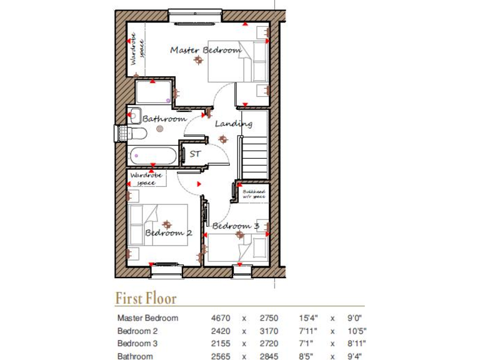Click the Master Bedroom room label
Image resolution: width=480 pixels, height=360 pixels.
coord(205,50)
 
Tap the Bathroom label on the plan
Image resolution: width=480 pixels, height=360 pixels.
coord(164,118)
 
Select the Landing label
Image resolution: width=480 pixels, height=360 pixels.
coord(234,124)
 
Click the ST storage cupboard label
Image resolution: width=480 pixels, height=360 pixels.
coord(196,152)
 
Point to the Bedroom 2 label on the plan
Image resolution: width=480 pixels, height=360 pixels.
coord(168,232)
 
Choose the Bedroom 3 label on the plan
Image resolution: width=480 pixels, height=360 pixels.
coord(236,226)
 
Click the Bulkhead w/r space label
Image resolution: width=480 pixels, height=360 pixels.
coord(254,194)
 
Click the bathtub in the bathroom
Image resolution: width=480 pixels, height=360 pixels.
coord(153,156)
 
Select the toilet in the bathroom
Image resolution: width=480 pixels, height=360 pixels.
coord(136,134)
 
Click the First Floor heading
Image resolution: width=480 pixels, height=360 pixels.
coord(146,299)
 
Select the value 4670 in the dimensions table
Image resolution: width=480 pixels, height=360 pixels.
coord(221,318)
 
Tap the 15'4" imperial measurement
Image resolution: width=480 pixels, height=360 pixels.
coord(309,318)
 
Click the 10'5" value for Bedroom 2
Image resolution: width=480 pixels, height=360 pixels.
coord(356,331)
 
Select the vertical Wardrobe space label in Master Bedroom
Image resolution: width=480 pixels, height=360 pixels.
coord(137,50)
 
